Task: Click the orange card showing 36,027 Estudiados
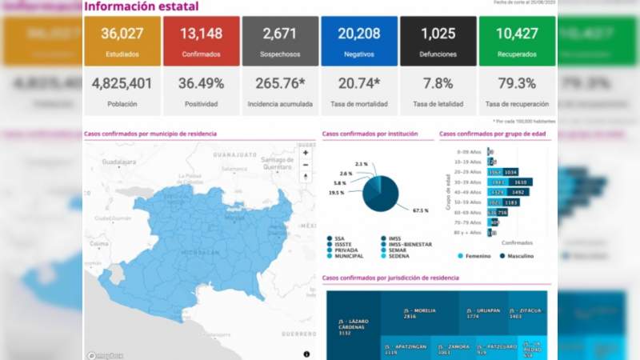[121, 41]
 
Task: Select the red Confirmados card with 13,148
[200, 41]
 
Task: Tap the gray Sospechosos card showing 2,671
[279, 41]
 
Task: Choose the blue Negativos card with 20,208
[358, 41]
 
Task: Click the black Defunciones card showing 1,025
[438, 41]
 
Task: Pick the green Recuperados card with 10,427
[517, 41]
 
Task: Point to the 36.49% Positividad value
[200, 83]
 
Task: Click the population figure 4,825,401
[121, 83]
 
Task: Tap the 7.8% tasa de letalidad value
[438, 83]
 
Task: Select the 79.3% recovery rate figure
[517, 83]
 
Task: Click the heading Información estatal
[142, 7]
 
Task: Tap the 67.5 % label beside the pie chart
[420, 210]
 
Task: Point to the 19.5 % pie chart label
[335, 193]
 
